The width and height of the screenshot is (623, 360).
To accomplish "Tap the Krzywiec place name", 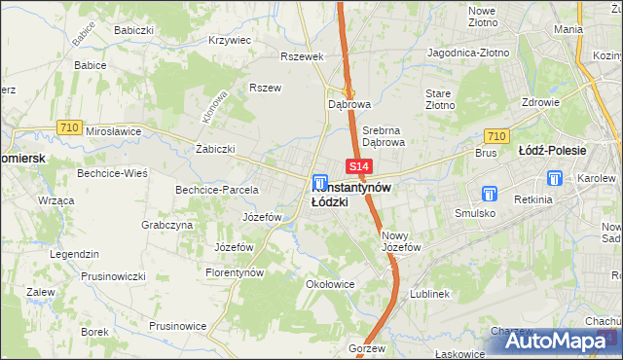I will (x=231, y=41).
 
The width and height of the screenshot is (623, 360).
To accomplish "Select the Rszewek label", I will (x=301, y=56).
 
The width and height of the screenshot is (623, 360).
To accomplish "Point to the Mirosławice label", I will (x=114, y=130).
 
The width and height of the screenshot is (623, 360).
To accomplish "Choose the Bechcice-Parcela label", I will (x=216, y=190).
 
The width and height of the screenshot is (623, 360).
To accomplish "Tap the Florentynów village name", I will (x=236, y=273).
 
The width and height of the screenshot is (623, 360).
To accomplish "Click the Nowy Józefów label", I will (x=401, y=241).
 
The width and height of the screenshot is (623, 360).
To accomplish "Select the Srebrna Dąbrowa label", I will (x=384, y=134).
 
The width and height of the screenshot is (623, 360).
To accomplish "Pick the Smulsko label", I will (x=474, y=212).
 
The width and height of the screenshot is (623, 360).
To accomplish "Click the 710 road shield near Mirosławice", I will (x=68, y=126).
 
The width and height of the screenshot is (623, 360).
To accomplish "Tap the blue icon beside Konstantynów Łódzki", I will (x=319, y=182).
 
